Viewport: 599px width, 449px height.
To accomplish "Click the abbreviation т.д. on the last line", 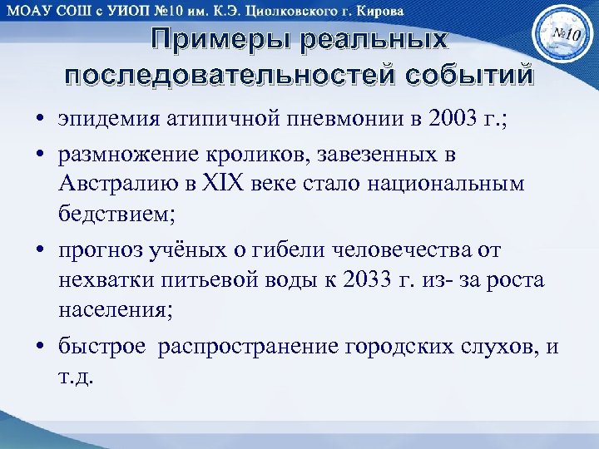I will (x=77, y=375).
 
